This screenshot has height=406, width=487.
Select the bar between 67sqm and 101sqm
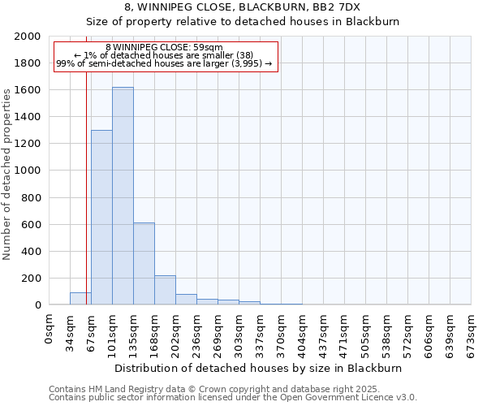(x=101, y=218)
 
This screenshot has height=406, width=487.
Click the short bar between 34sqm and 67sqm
(x=80, y=299)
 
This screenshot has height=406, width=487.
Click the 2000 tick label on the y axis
(x=28, y=37)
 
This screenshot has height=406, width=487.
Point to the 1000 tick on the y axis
(x=28, y=171)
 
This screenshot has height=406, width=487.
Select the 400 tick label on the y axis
(x=32, y=252)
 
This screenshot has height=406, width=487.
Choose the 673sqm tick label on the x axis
(x=471, y=332)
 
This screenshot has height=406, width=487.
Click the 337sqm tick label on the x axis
(x=260, y=332)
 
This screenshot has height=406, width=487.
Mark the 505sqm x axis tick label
(x=365, y=332)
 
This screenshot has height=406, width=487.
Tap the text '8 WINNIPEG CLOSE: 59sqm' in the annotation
(x=164, y=48)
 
